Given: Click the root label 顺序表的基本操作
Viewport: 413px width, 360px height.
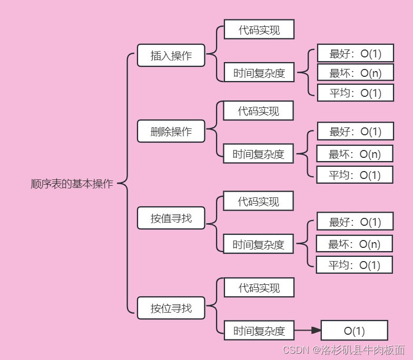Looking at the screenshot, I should [72, 184].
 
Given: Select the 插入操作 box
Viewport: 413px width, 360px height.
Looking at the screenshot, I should [171, 55].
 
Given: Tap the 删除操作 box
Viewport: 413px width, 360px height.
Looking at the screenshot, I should [171, 132].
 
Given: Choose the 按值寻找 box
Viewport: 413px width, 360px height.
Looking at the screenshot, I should [171, 218].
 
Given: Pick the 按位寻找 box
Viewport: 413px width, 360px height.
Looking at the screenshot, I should [171, 308].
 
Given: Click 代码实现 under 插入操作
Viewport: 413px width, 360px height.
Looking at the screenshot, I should [259, 29].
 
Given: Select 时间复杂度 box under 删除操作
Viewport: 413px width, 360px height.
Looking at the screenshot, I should [258, 154].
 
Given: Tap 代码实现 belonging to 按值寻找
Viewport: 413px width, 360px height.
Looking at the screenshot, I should [258, 202].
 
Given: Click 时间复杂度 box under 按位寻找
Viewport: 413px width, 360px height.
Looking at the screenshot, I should [259, 331].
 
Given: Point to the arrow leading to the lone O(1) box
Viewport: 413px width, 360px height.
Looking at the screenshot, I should [308, 331].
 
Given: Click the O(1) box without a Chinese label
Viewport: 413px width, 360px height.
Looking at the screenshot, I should [354, 331].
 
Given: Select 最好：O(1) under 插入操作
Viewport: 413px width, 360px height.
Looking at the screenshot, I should [355, 54].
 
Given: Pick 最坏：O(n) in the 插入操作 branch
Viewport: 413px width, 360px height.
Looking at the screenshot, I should [355, 73].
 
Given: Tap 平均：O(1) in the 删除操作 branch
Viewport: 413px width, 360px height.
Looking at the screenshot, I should [355, 175].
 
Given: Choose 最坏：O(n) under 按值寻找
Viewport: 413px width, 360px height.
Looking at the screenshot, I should [354, 244].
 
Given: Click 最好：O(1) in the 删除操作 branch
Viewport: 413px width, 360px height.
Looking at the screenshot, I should [355, 132].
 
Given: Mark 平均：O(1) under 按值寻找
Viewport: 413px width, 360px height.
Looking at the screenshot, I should [354, 265].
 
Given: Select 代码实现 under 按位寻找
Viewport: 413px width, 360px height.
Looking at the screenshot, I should [259, 288].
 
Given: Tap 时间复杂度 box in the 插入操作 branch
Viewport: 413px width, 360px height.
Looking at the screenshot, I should [259, 73].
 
